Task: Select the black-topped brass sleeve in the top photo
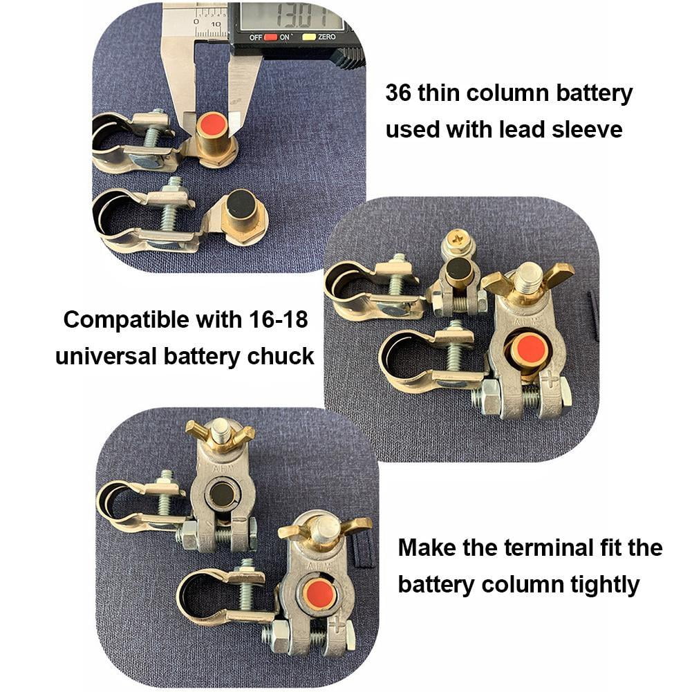(x=240, y=203)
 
